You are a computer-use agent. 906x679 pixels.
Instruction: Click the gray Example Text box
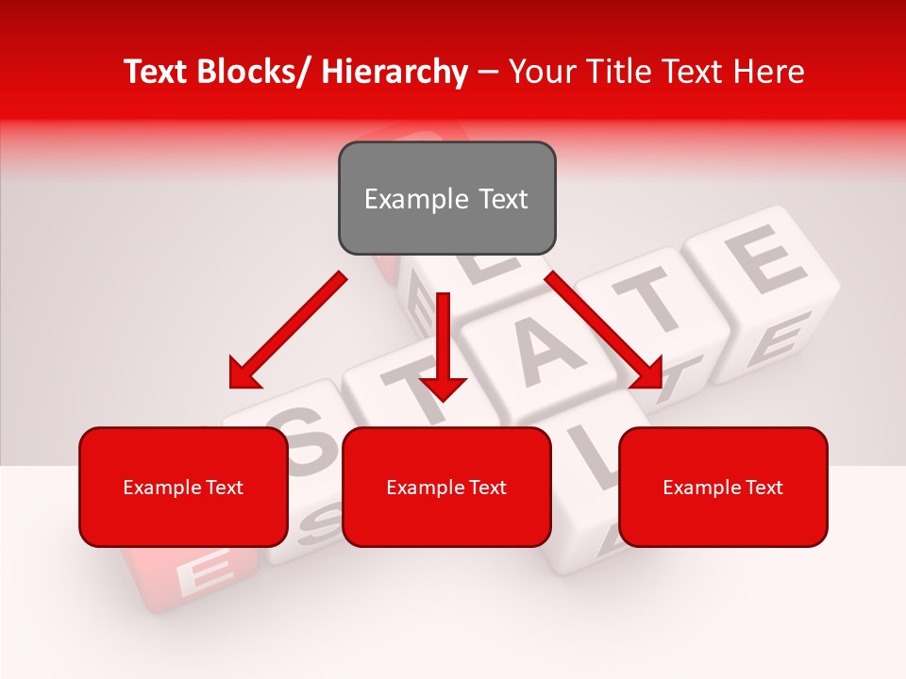pyautogui.click(x=446, y=198)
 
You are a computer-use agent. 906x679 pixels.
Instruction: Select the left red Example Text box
pyautogui.click(x=183, y=487)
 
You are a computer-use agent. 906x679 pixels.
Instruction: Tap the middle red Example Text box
pyautogui.click(x=446, y=487)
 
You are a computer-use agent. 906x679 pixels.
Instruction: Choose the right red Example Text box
pyautogui.click(x=723, y=487)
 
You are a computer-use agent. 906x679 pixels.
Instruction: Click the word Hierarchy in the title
pyautogui.click(x=394, y=72)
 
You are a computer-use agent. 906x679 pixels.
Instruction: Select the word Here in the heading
pyautogui.click(x=771, y=72)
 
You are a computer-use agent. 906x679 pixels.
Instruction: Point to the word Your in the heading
pyautogui.click(x=540, y=72)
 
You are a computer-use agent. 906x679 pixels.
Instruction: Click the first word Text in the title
pyautogui.click(x=157, y=72)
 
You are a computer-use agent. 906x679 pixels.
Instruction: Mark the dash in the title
pyautogui.click(x=488, y=73)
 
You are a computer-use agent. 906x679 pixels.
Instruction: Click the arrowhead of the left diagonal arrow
pyautogui.click(x=243, y=374)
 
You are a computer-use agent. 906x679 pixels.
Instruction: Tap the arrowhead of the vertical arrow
pyautogui.click(x=443, y=386)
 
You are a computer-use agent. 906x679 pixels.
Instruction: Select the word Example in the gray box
pyautogui.click(x=403, y=199)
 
